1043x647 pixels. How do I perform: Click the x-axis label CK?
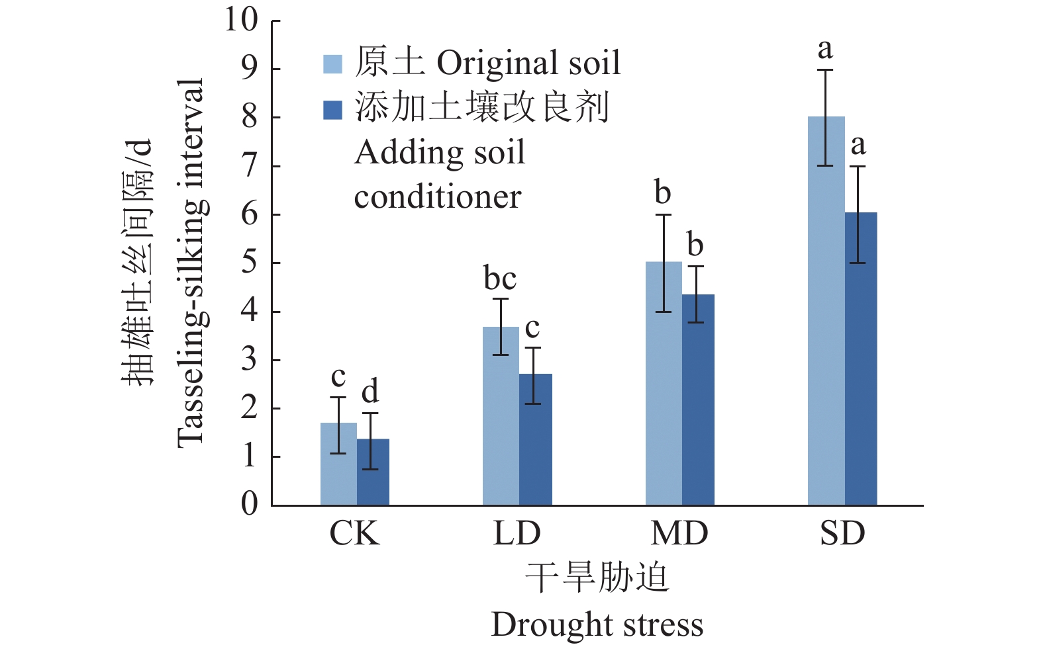[355, 534]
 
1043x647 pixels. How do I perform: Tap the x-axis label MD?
[679, 534]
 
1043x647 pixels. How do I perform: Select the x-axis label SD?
[842, 534]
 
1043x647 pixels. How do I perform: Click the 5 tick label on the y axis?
[249, 263]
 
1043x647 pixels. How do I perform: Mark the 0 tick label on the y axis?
[249, 505]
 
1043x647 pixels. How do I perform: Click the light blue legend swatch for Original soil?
[332, 64]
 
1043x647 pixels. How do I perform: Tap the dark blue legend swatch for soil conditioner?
[332, 110]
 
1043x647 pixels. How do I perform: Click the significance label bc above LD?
[500, 279]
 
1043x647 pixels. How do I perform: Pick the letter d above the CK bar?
[370, 392]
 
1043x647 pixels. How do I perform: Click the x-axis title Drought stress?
[597, 625]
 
